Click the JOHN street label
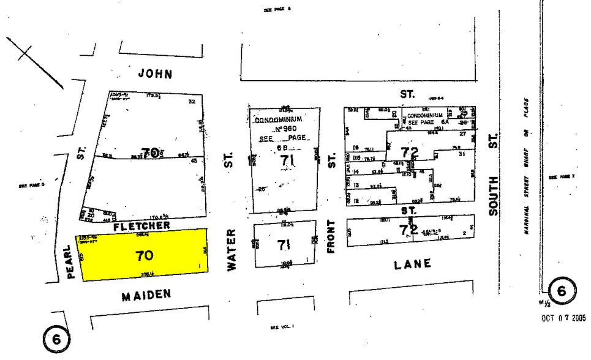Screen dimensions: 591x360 pos(155,74)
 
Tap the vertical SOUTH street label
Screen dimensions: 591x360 pos(493,195)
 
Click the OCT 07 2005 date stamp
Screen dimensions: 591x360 pos(563,318)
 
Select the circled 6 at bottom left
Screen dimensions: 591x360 pos(56,337)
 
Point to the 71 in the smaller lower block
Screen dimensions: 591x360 pos(283,246)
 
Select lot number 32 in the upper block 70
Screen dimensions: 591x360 pos(191,102)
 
